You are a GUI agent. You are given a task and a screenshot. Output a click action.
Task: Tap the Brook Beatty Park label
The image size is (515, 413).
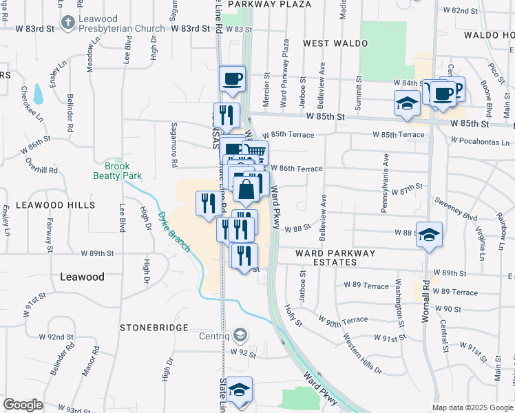click(x=117, y=171)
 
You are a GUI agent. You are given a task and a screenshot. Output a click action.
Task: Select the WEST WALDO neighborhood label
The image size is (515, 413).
click(x=335, y=43)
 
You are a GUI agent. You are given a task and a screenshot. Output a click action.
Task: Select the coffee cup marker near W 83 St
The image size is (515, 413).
click(x=233, y=78)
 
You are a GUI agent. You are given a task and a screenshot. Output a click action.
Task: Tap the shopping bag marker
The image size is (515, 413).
click(x=246, y=189)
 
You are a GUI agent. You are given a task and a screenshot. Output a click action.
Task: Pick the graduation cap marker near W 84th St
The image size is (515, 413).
click(x=407, y=103)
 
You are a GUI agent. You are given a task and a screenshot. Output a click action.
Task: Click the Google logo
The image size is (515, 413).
click(x=23, y=405)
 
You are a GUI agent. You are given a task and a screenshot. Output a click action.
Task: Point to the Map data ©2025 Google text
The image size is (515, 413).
click(x=472, y=407)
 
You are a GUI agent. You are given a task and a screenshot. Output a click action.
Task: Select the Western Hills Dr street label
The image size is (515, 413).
click(x=361, y=355)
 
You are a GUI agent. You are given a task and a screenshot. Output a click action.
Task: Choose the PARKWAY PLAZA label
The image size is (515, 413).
click(x=269, y=4)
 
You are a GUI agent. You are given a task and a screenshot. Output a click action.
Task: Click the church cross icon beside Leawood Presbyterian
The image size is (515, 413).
click(x=67, y=23)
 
